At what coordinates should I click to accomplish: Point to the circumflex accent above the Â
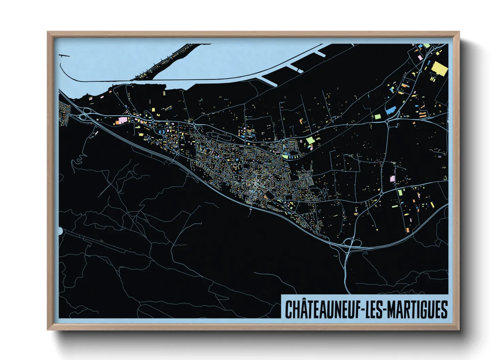click(x=301, y=301)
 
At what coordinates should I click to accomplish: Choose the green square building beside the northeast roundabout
click(x=378, y=116)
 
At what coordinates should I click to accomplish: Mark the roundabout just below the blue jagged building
click(x=387, y=120)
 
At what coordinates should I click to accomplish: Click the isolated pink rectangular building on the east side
click(x=392, y=179)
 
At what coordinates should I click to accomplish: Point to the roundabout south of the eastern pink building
click(x=382, y=193)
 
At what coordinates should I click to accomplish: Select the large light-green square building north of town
click(x=310, y=140)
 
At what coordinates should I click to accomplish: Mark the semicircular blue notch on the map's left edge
click(x=60, y=231)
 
